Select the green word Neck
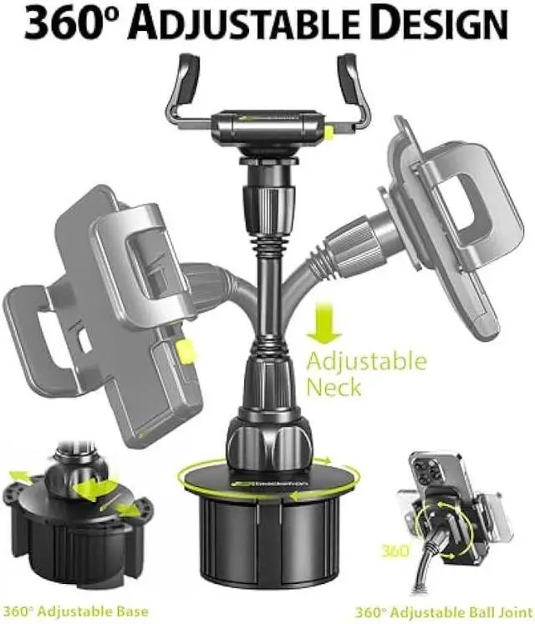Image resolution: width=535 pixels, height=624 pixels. (334, 386)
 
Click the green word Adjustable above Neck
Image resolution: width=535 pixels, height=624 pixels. (366, 362)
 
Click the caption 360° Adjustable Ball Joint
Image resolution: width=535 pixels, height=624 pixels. (426, 611)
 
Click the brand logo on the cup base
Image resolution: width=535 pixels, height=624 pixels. (251, 483)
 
